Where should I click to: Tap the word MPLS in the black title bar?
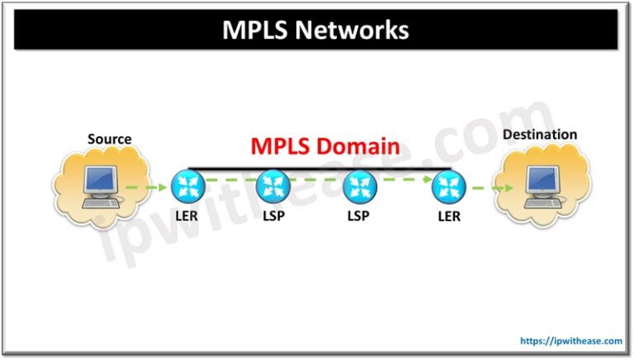click(257, 31)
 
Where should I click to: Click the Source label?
click(110, 139)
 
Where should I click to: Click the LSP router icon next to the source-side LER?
click(271, 185)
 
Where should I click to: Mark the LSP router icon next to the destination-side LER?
click(359, 185)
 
